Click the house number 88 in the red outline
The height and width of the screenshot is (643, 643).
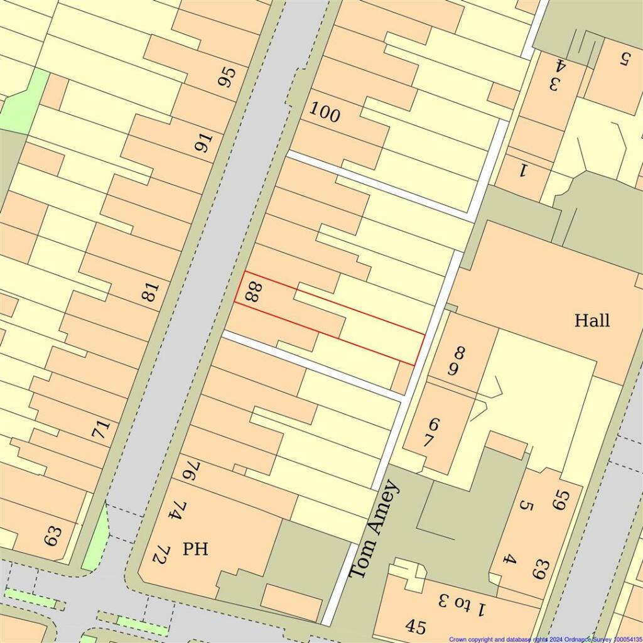coord(252,292)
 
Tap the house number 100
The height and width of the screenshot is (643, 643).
coord(325,114)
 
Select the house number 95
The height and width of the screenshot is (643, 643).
coord(227,77)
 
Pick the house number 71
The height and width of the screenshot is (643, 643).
coord(100,430)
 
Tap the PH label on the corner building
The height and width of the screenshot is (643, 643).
coord(195,549)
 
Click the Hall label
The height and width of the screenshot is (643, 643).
coord(592,321)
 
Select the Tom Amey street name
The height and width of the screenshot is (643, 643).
coord(373,529)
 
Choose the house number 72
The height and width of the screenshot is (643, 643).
coord(161,554)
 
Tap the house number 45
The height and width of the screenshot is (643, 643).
coord(415,626)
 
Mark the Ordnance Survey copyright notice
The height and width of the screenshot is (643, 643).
coord(545,639)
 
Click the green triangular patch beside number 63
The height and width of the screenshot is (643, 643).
coord(95,541)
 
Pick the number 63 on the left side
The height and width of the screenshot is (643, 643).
coord(53,536)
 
